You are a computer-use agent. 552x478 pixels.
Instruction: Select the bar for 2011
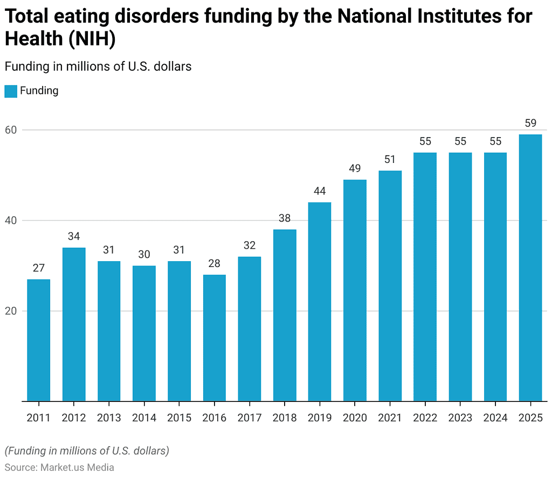(x=38, y=340)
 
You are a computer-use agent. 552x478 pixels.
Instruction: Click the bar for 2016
(x=214, y=338)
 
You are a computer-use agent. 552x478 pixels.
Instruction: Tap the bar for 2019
(x=320, y=302)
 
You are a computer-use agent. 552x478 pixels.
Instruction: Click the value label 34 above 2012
(x=74, y=236)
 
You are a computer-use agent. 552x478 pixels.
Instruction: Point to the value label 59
(x=530, y=123)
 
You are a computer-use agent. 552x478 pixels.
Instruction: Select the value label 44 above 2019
(x=320, y=191)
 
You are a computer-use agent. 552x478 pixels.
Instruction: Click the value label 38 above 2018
(x=285, y=218)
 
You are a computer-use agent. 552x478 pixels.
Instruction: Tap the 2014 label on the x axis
(x=144, y=418)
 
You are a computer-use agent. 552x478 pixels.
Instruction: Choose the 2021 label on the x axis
(x=390, y=418)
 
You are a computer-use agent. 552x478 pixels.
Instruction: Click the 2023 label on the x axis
(x=460, y=418)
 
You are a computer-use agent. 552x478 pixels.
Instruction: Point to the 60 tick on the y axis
(x=12, y=130)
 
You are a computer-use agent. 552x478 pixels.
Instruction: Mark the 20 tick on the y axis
(x=12, y=311)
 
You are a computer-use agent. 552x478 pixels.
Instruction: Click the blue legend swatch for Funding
(x=11, y=91)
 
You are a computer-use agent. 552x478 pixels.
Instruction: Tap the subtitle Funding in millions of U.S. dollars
(x=98, y=66)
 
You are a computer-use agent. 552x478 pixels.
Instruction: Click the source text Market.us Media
(x=77, y=467)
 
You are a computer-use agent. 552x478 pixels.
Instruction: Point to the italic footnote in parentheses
(x=87, y=450)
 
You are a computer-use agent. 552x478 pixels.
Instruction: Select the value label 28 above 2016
(x=214, y=263)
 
